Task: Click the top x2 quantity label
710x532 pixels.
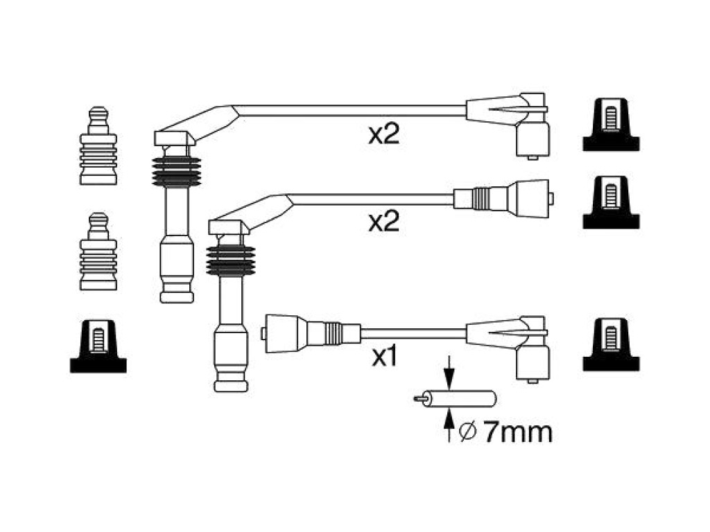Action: click(384, 134)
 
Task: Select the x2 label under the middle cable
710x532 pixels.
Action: click(384, 222)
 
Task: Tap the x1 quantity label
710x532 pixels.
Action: click(384, 356)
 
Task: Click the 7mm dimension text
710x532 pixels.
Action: click(517, 432)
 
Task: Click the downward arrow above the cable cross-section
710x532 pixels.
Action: click(449, 372)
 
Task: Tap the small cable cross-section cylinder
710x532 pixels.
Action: click(455, 398)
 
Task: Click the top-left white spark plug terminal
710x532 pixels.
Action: click(98, 145)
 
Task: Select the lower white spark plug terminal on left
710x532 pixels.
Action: click(98, 251)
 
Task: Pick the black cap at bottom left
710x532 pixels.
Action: click(98, 346)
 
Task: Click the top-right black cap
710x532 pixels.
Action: click(611, 125)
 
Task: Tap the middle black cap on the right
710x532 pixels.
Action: click(611, 202)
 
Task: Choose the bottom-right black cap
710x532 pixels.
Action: click(611, 344)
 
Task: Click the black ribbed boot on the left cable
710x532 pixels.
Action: click(177, 172)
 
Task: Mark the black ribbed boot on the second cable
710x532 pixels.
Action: click(230, 261)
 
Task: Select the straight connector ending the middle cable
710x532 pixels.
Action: click(503, 198)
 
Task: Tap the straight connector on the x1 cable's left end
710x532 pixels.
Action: click(311, 333)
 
